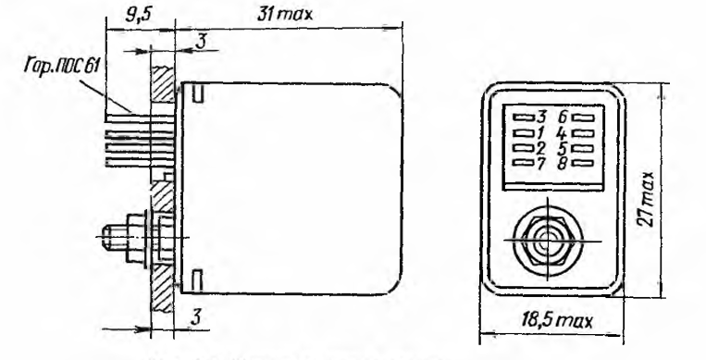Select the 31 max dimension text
(x=285, y=15)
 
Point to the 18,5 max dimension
(x=557, y=321)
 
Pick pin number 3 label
(x=541, y=118)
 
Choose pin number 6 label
(x=563, y=118)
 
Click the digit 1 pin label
(x=540, y=133)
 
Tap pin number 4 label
(x=562, y=133)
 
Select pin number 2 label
(x=541, y=148)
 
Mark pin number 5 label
(x=563, y=148)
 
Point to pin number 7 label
(x=541, y=163)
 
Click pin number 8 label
(x=563, y=164)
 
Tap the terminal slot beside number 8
(x=583, y=163)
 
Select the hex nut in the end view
(x=548, y=240)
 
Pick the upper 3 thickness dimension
(x=202, y=42)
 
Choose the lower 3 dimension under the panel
(x=195, y=318)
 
